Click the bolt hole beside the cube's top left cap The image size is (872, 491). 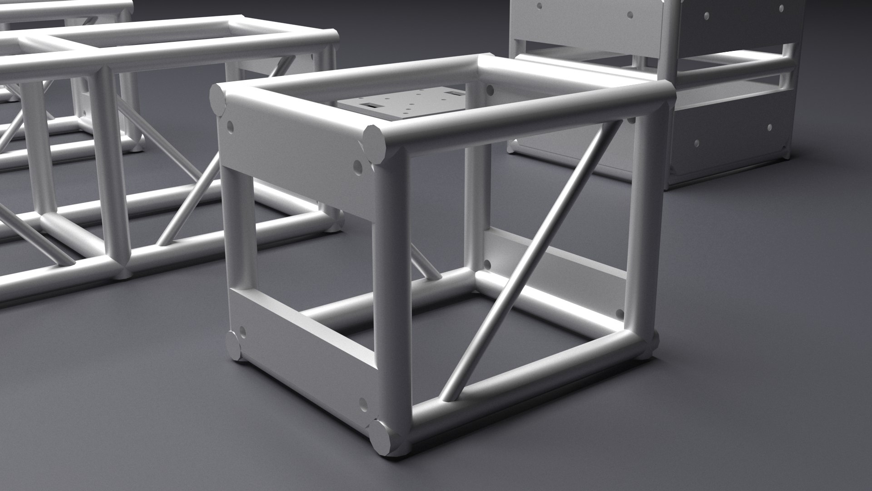click(230, 125)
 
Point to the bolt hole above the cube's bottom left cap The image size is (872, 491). click(242, 331)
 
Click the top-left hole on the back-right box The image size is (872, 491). click(539, 7)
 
